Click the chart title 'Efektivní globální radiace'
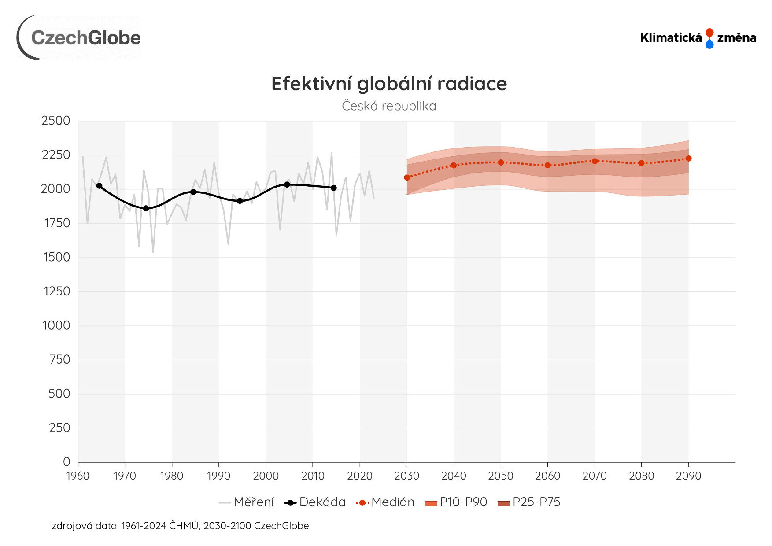389,84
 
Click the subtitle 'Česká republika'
389,106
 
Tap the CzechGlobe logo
79,38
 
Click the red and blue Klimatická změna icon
709,38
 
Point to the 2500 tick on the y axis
56,121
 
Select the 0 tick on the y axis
66,462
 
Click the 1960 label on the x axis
78,476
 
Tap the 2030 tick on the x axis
407,476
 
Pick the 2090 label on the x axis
688,476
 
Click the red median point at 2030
407,177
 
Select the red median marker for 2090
689,159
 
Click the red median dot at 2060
548,166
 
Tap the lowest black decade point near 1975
146,208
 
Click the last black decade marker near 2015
334,188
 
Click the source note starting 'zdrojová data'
181,526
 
